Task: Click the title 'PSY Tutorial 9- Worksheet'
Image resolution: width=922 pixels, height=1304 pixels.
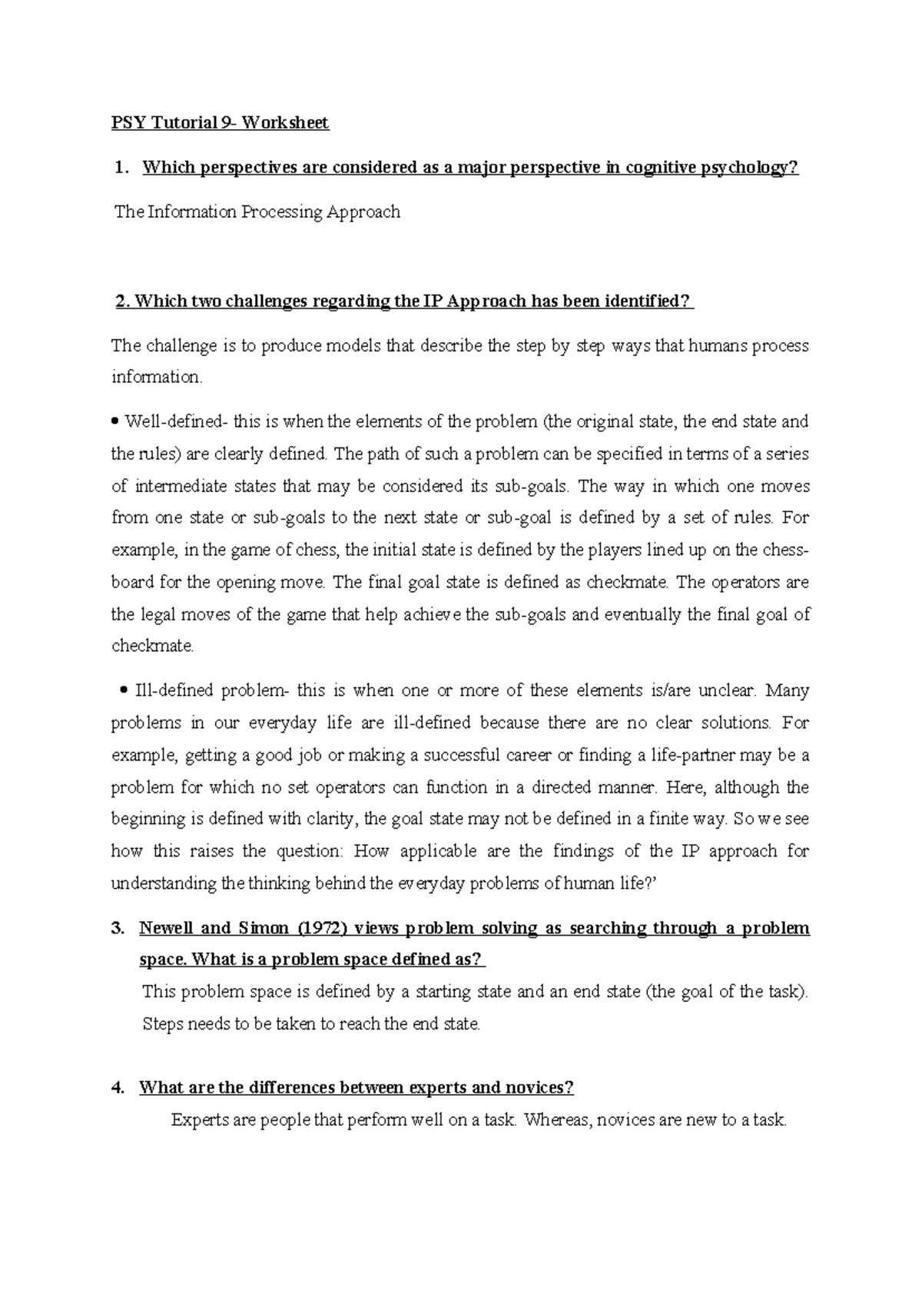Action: point(220,123)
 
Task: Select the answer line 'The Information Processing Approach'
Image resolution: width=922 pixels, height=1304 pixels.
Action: point(257,212)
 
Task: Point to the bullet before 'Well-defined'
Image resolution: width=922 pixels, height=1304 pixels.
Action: point(116,421)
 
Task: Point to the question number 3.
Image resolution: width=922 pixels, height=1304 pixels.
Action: point(118,928)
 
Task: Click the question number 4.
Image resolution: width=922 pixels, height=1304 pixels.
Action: point(118,1088)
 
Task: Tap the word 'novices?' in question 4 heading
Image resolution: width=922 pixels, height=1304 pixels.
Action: point(542,1088)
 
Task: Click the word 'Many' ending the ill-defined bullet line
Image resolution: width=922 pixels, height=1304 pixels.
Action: point(788,690)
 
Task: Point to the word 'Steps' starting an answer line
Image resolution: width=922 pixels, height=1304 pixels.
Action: point(162,1024)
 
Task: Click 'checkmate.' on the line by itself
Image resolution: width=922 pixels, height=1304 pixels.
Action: point(153,646)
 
